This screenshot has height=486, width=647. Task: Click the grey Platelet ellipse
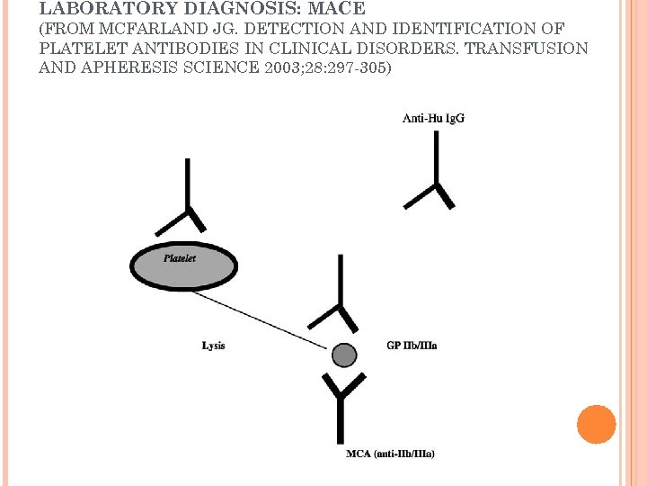click(x=184, y=266)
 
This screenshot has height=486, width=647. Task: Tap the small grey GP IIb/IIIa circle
click(x=344, y=355)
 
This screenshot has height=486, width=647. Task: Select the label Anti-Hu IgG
click(x=433, y=118)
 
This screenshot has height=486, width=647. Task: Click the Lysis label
click(x=214, y=345)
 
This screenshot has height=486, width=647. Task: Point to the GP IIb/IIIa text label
click(x=412, y=345)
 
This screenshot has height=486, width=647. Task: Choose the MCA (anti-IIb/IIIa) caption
click(x=390, y=454)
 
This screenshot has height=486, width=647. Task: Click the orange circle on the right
click(x=596, y=424)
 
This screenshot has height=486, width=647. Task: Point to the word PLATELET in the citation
click(x=76, y=49)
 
